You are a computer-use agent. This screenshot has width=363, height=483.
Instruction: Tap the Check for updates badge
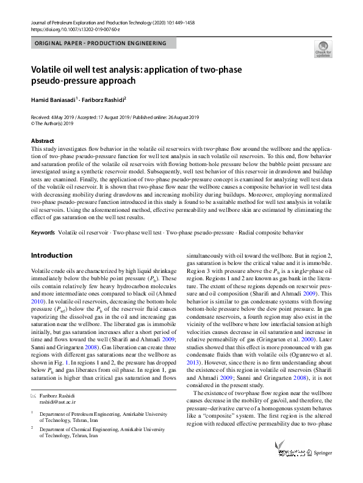(x=323, y=48)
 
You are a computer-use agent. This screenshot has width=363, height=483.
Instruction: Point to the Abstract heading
(x=42, y=141)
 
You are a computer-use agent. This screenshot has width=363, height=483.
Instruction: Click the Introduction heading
(x=51, y=255)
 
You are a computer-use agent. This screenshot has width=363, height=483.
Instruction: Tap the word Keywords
(x=43, y=233)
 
